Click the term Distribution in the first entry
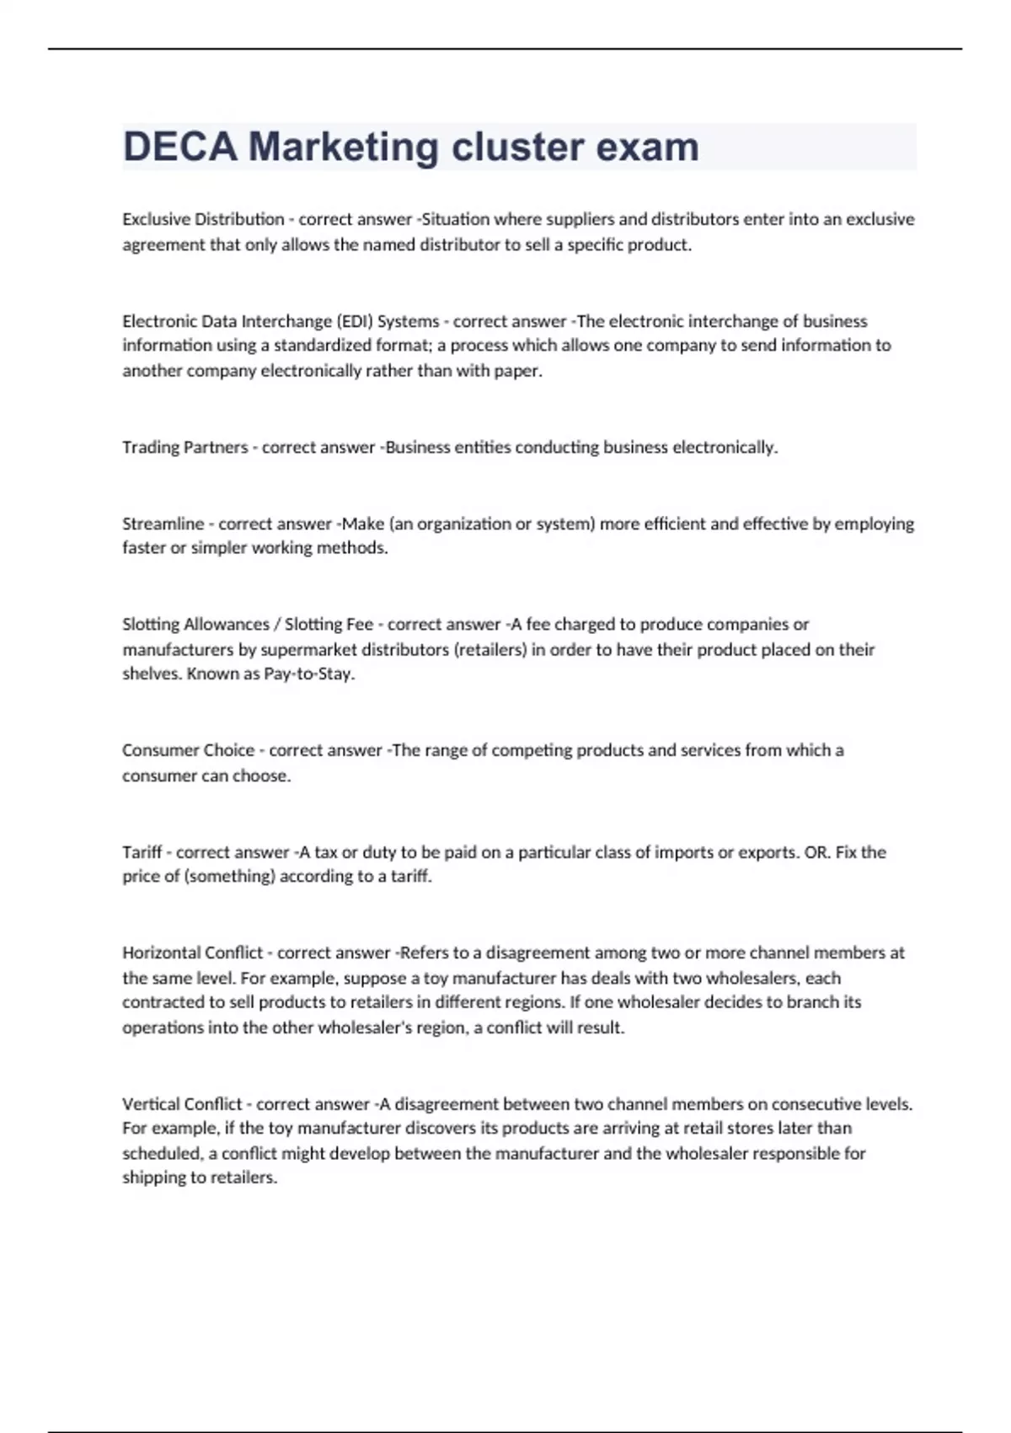click(239, 219)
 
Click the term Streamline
click(163, 523)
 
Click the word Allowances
click(226, 625)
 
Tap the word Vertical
click(150, 1104)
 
